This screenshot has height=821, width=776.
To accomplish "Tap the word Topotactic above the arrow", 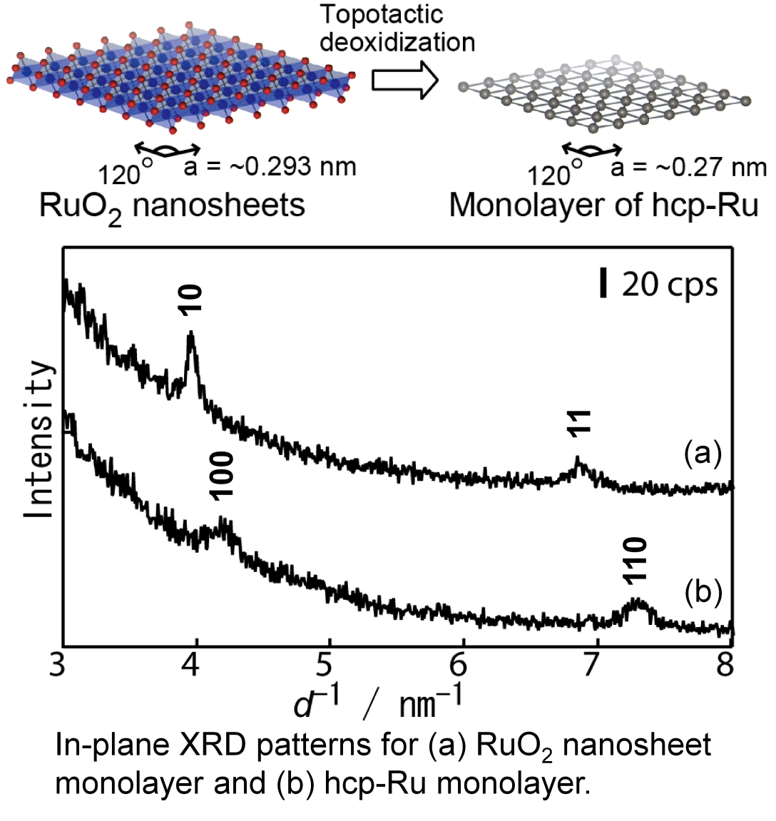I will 381,14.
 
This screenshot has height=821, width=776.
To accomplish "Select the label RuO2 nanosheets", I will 172,205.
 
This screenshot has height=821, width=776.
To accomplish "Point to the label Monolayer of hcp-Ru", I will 603,205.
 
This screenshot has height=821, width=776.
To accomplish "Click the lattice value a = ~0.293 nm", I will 270,167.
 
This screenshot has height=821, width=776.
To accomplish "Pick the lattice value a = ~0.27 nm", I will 688,167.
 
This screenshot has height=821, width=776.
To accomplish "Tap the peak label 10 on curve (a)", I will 191,299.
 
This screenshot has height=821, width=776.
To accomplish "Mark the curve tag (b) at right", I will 703,591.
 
